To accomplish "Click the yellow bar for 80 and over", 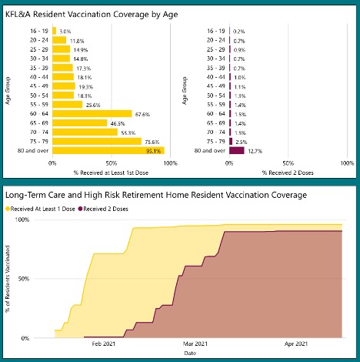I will pos(108,150).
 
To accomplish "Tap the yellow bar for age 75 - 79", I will pos(96,141).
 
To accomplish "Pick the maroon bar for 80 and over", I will pos(236,150).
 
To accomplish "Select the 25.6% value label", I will pos(94,104).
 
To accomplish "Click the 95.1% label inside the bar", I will pos(154,150).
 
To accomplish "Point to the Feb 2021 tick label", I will pos(105,344).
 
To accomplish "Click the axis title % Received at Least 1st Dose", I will pos(107,173).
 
